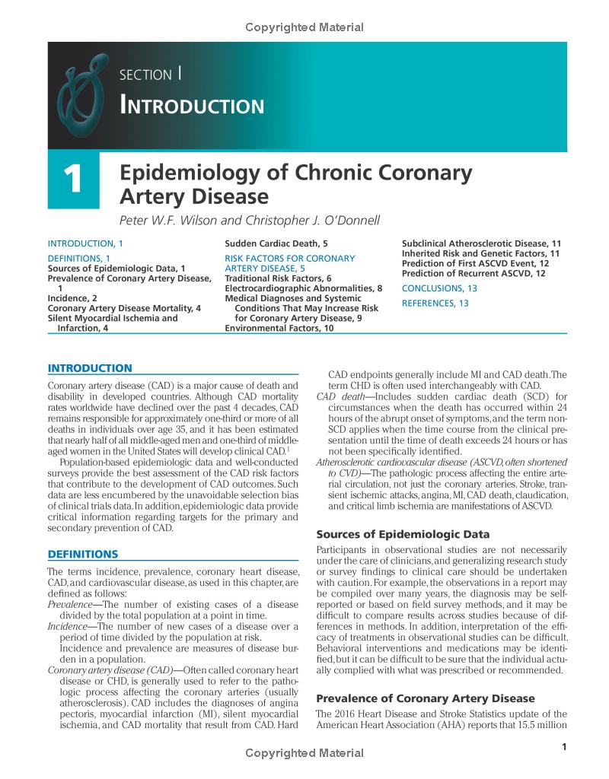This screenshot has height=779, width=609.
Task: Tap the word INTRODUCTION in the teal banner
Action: pyautogui.click(x=192, y=105)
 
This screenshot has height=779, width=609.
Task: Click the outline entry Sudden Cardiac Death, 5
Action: pyautogui.click(x=276, y=243)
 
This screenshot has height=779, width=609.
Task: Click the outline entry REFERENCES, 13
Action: pyautogui.click(x=435, y=304)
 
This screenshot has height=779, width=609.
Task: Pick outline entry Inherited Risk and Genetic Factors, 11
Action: pyautogui.click(x=481, y=253)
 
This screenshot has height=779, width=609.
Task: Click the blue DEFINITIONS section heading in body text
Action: pyautogui.click(x=83, y=553)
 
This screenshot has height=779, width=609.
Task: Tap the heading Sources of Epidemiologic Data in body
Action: pyautogui.click(x=403, y=533)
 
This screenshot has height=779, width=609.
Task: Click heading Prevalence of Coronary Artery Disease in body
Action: pyautogui.click(x=426, y=698)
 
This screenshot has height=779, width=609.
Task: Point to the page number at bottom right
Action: pyautogui.click(x=563, y=747)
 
